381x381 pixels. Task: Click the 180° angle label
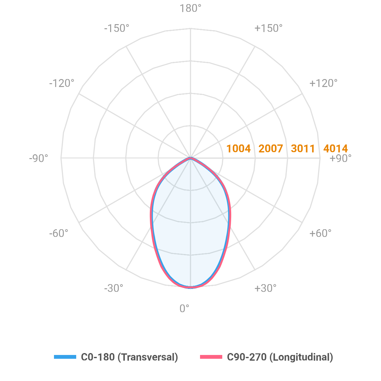[190, 9]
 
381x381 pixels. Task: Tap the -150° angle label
[117, 29]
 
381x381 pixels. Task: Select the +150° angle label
[268, 29]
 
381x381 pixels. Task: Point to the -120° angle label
[62, 84]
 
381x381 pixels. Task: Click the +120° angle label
[323, 84]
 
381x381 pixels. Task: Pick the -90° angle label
[38, 158]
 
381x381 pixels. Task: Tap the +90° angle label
[341, 158]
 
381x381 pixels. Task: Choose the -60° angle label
[59, 234]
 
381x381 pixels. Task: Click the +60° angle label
[320, 234]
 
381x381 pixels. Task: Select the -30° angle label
[114, 289]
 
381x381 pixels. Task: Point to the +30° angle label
[265, 289]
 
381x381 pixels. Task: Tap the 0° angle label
[184, 308]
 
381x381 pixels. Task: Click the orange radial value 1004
[238, 149]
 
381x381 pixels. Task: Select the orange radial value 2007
[271, 149]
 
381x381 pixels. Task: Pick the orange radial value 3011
[303, 149]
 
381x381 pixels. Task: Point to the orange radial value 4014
[335, 149]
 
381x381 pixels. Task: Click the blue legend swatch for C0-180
[65, 357]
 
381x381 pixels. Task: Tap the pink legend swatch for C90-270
[211, 357]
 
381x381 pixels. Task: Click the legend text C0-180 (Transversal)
[130, 357]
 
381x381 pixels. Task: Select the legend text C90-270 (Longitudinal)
[280, 357]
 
